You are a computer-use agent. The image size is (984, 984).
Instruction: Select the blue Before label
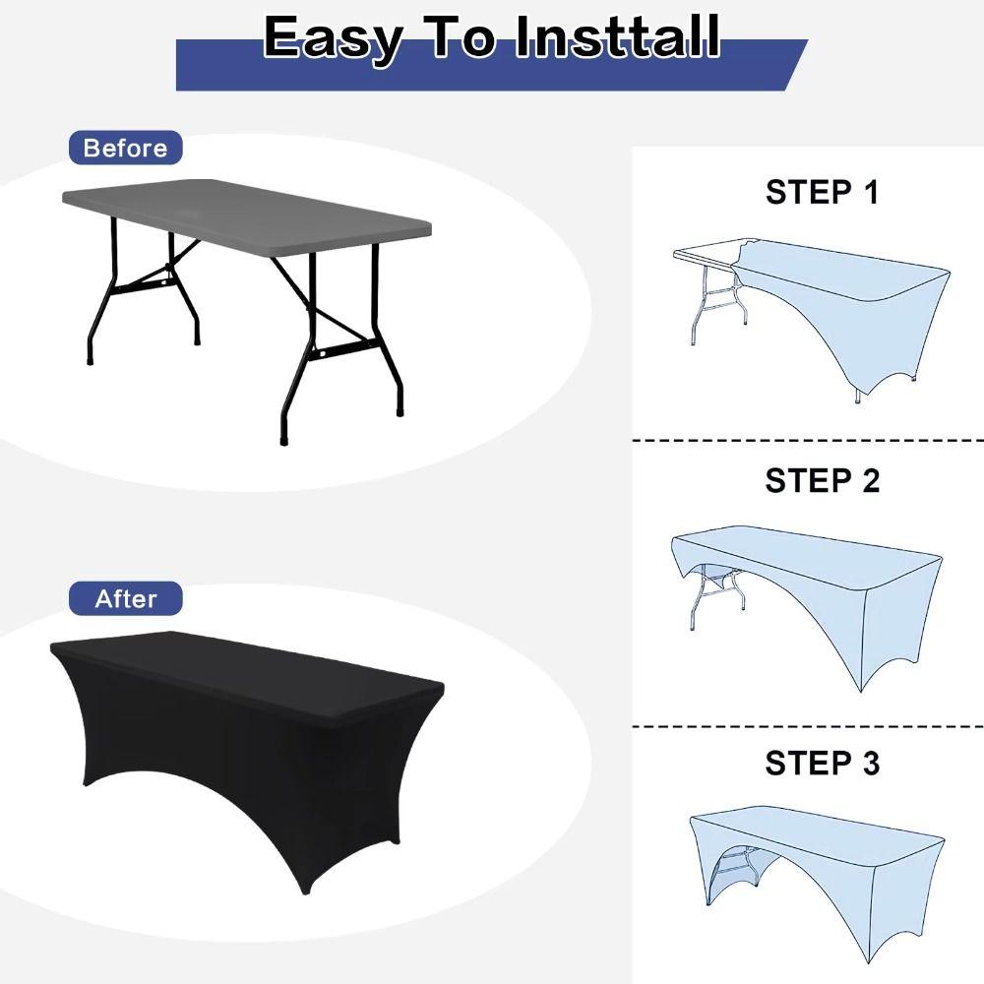(125, 149)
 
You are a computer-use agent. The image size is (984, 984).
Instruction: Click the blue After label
(126, 598)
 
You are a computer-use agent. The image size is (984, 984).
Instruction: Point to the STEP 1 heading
(822, 192)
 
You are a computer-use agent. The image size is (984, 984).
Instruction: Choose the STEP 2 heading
(822, 481)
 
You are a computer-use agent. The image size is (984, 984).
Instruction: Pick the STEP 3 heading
(822, 763)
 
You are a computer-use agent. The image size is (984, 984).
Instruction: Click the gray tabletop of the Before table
(246, 216)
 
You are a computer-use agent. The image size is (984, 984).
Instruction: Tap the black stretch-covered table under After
(246, 728)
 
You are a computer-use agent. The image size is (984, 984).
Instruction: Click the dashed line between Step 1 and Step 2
(807, 441)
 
